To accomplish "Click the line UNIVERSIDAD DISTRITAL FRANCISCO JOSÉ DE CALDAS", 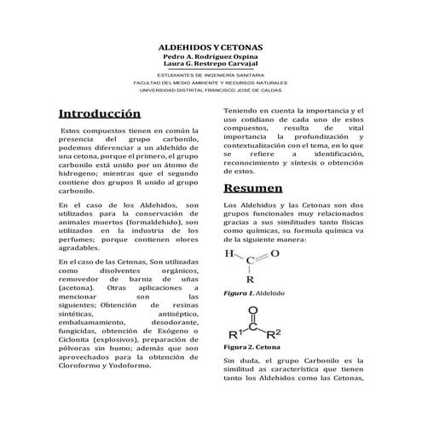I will pos(211,90).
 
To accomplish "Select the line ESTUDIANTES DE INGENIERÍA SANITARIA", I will pos(211,76).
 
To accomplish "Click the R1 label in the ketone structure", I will pos(234,332).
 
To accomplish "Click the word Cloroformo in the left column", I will pos(86,366).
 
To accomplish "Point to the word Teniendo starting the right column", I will pos(242,112).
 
